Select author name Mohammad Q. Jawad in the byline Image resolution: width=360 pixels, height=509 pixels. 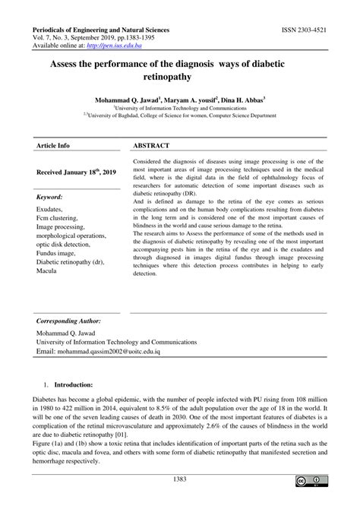coord(128,99)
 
